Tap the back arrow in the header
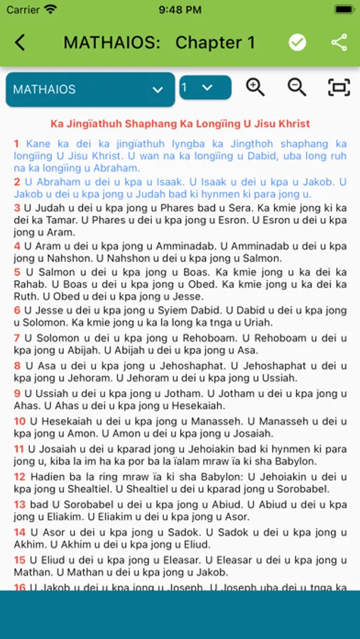pyautogui.click(x=20, y=43)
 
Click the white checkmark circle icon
pyautogui.click(x=298, y=43)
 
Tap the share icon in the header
pyautogui.click(x=339, y=43)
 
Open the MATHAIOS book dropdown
pyautogui.click(x=90, y=89)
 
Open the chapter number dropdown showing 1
pyautogui.click(x=204, y=87)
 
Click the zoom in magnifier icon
pyautogui.click(x=255, y=87)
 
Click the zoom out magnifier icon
pyautogui.click(x=297, y=87)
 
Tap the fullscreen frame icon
pyautogui.click(x=339, y=87)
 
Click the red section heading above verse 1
pyautogui.click(x=180, y=124)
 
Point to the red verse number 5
pyautogui.click(x=17, y=272)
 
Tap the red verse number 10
pyautogui.click(x=20, y=421)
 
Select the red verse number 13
pyautogui.click(x=20, y=504)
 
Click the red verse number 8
pyautogui.click(x=17, y=366)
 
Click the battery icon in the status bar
pyautogui.click(x=344, y=9)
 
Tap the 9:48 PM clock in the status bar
pyautogui.click(x=180, y=10)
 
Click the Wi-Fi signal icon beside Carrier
pyautogui.click(x=50, y=9)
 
